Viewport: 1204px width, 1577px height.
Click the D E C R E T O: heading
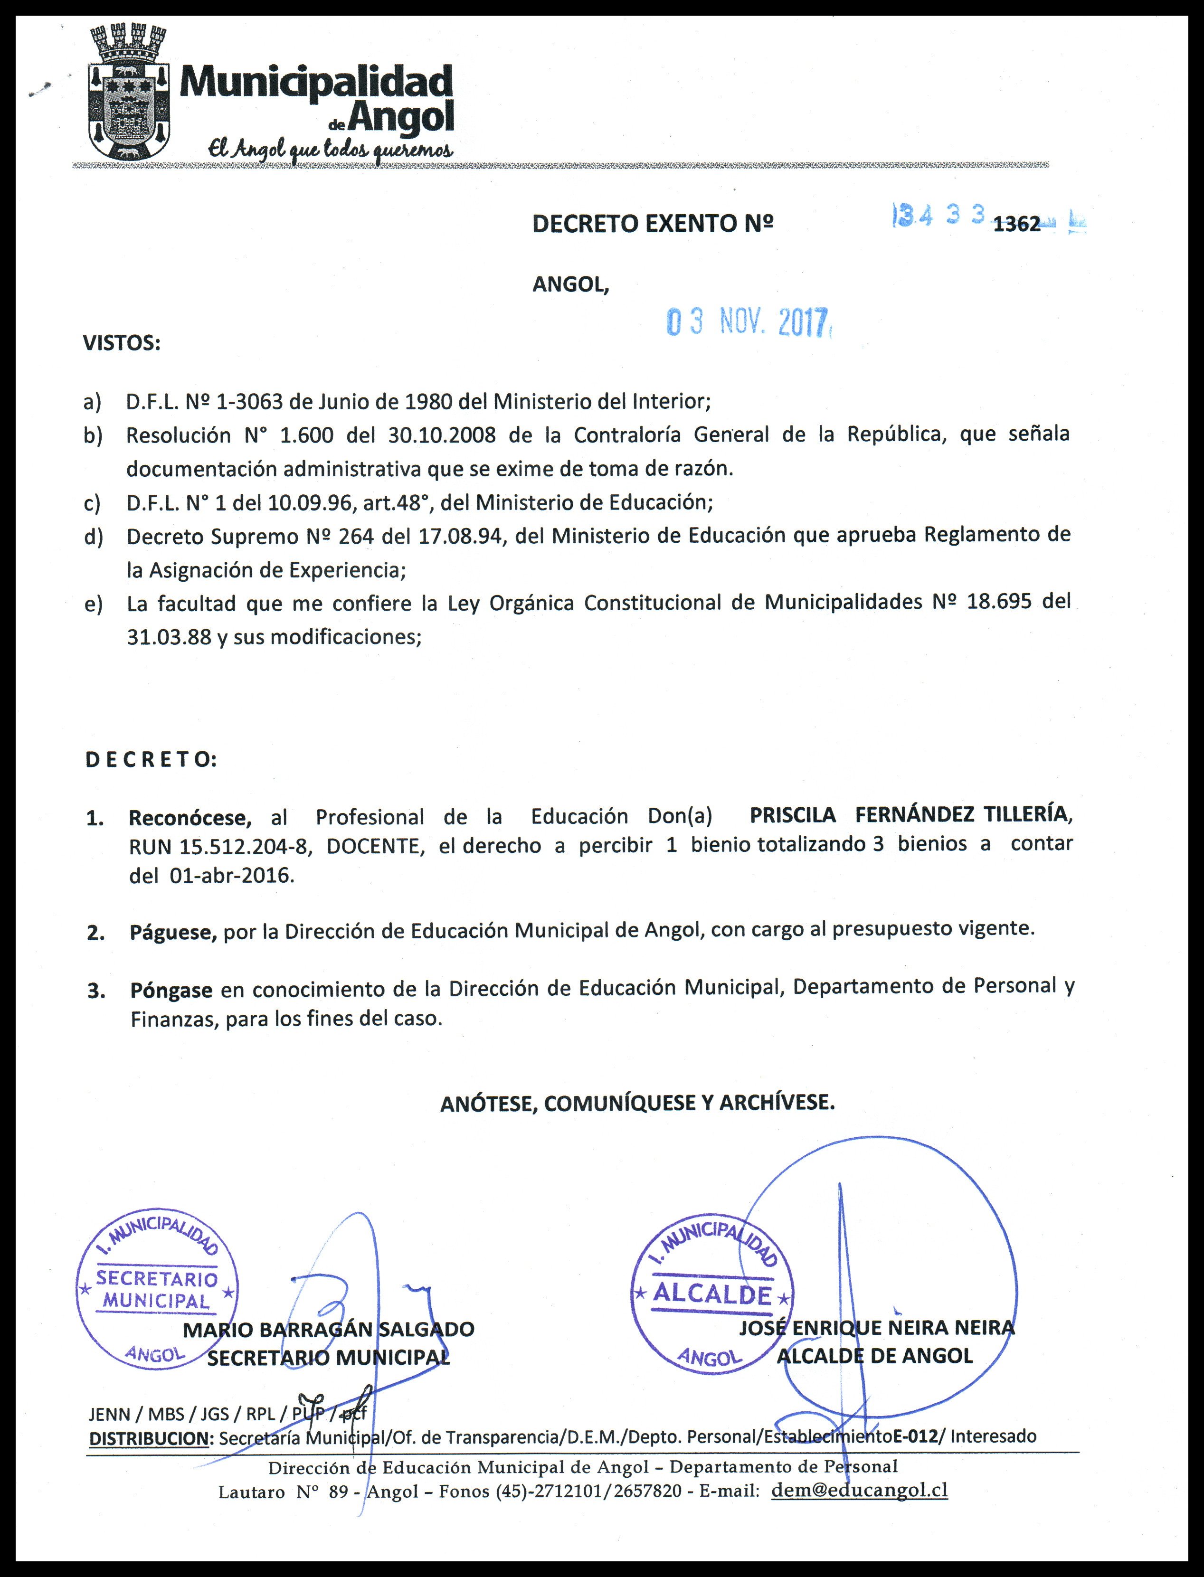[x=151, y=759]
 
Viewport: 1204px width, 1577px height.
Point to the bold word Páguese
[x=173, y=932]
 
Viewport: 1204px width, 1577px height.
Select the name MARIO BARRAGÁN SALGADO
[x=328, y=1330]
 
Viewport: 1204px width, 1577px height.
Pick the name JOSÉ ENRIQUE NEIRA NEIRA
[x=876, y=1328]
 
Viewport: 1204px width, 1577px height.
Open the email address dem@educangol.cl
[x=859, y=1490]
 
